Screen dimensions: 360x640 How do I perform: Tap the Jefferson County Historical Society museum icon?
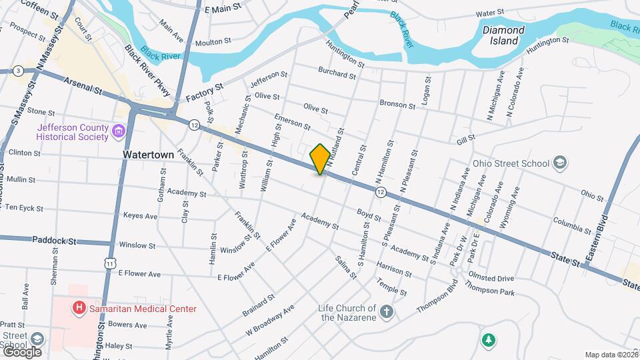click(x=119, y=130)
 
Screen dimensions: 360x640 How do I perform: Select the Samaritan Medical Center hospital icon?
click(x=79, y=308)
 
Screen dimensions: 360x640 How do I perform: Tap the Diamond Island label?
click(x=503, y=35)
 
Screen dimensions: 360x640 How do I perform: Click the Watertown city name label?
click(x=148, y=154)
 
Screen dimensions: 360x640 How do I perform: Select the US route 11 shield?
click(x=109, y=246)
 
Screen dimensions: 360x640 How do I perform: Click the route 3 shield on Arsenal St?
click(x=18, y=71)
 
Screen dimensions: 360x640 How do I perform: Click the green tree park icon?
click(x=489, y=340)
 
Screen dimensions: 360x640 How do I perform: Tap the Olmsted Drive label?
click(x=491, y=278)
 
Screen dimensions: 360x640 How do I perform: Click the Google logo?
click(x=21, y=351)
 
